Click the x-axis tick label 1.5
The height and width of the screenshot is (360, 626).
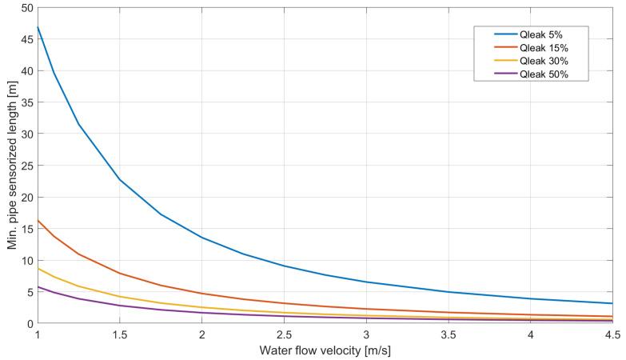pos(120,334)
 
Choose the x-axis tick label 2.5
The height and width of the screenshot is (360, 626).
pos(284,334)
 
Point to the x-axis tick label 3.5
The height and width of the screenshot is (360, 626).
pos(448,334)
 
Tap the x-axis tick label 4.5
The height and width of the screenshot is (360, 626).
pos(612,334)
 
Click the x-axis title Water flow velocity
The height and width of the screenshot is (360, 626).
pos(325,350)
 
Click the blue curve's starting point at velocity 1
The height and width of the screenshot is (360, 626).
pos(38,27)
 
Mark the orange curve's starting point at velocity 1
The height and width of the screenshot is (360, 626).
pos(38,220)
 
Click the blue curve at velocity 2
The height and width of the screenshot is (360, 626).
pos(201,238)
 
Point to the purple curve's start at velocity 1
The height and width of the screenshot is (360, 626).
pos(38,286)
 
